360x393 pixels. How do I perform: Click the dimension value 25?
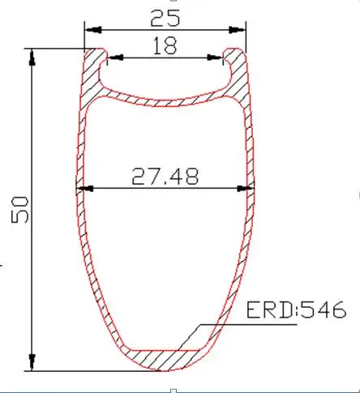(165, 15)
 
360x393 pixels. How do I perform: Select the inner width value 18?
(165, 46)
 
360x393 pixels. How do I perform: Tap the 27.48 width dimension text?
(165, 176)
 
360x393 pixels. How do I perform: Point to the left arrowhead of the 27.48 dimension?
(81, 189)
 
